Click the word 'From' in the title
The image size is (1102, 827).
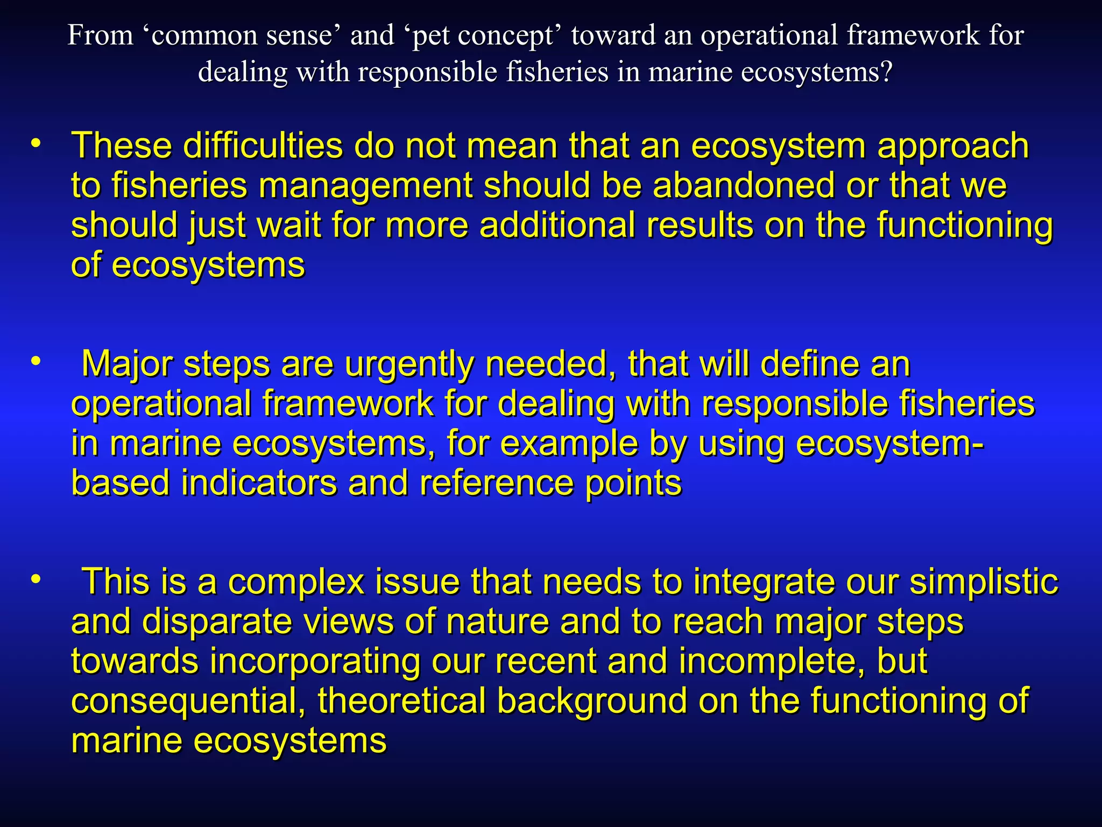(100, 36)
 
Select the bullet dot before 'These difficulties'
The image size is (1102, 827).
(36, 144)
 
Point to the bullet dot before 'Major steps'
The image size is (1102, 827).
(36, 362)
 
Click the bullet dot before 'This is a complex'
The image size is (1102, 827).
(36, 580)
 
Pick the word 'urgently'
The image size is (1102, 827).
(409, 365)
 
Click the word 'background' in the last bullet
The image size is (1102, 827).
(591, 701)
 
